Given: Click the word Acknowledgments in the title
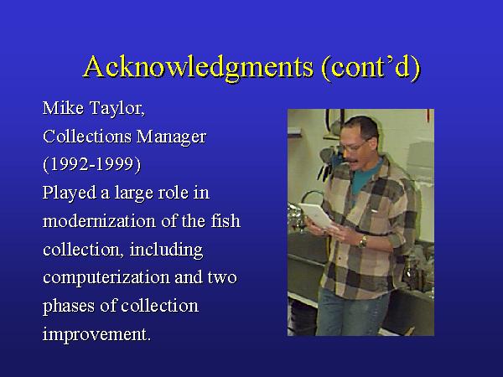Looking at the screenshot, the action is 199,67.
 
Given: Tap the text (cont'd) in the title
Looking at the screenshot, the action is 371,67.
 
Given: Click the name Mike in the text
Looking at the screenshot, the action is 63,108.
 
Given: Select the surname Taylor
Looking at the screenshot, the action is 117,108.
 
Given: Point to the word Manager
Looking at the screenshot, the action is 171,137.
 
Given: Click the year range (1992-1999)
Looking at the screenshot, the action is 91,164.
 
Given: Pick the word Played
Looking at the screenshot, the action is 70,193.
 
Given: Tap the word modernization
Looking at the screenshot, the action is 99,221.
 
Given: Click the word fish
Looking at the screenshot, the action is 226,221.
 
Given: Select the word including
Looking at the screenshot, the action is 166,250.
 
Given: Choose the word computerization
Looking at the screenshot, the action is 106,277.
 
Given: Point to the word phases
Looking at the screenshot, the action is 69,306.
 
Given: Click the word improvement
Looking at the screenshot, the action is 96,334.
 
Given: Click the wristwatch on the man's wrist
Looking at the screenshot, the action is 363,242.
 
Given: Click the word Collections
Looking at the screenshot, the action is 87,137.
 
